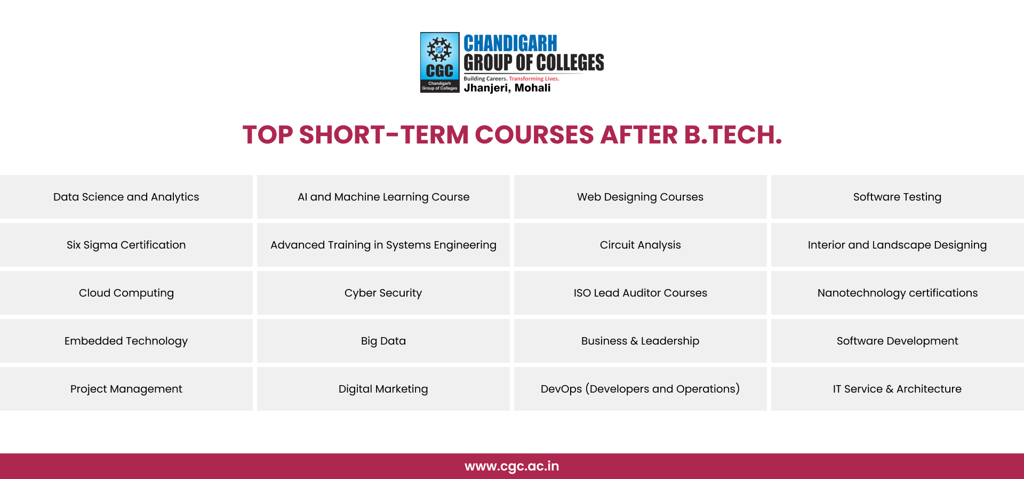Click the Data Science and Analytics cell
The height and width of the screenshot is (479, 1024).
pos(126,197)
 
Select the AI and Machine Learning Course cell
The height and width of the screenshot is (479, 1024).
pos(383,197)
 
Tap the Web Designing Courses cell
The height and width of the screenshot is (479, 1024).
pos(641,197)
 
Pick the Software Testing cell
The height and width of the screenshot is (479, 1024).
pos(898,197)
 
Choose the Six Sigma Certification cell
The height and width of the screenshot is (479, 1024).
pos(126,245)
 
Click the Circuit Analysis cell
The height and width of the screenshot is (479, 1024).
pos(641,245)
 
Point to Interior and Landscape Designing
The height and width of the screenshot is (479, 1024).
pos(898,245)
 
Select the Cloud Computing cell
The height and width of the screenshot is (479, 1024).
pos(126,293)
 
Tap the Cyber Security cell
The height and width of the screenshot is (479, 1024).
pos(383,293)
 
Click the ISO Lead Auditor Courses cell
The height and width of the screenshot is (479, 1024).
pos(641,293)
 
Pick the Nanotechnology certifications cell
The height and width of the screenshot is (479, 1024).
pos(898,293)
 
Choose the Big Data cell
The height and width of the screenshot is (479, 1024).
pos(383,341)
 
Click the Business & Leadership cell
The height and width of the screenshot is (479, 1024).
pos(641,341)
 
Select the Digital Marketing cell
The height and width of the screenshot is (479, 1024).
pos(383,389)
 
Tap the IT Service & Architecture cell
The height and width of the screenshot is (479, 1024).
pos(898,389)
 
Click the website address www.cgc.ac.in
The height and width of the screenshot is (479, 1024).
pos(512,466)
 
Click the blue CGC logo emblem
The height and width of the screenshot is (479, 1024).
pos(440,62)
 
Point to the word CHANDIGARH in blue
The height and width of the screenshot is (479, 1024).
pos(510,43)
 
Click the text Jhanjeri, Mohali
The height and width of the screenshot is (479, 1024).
pos(507,88)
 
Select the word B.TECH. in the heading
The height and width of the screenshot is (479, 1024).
pos(733,134)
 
